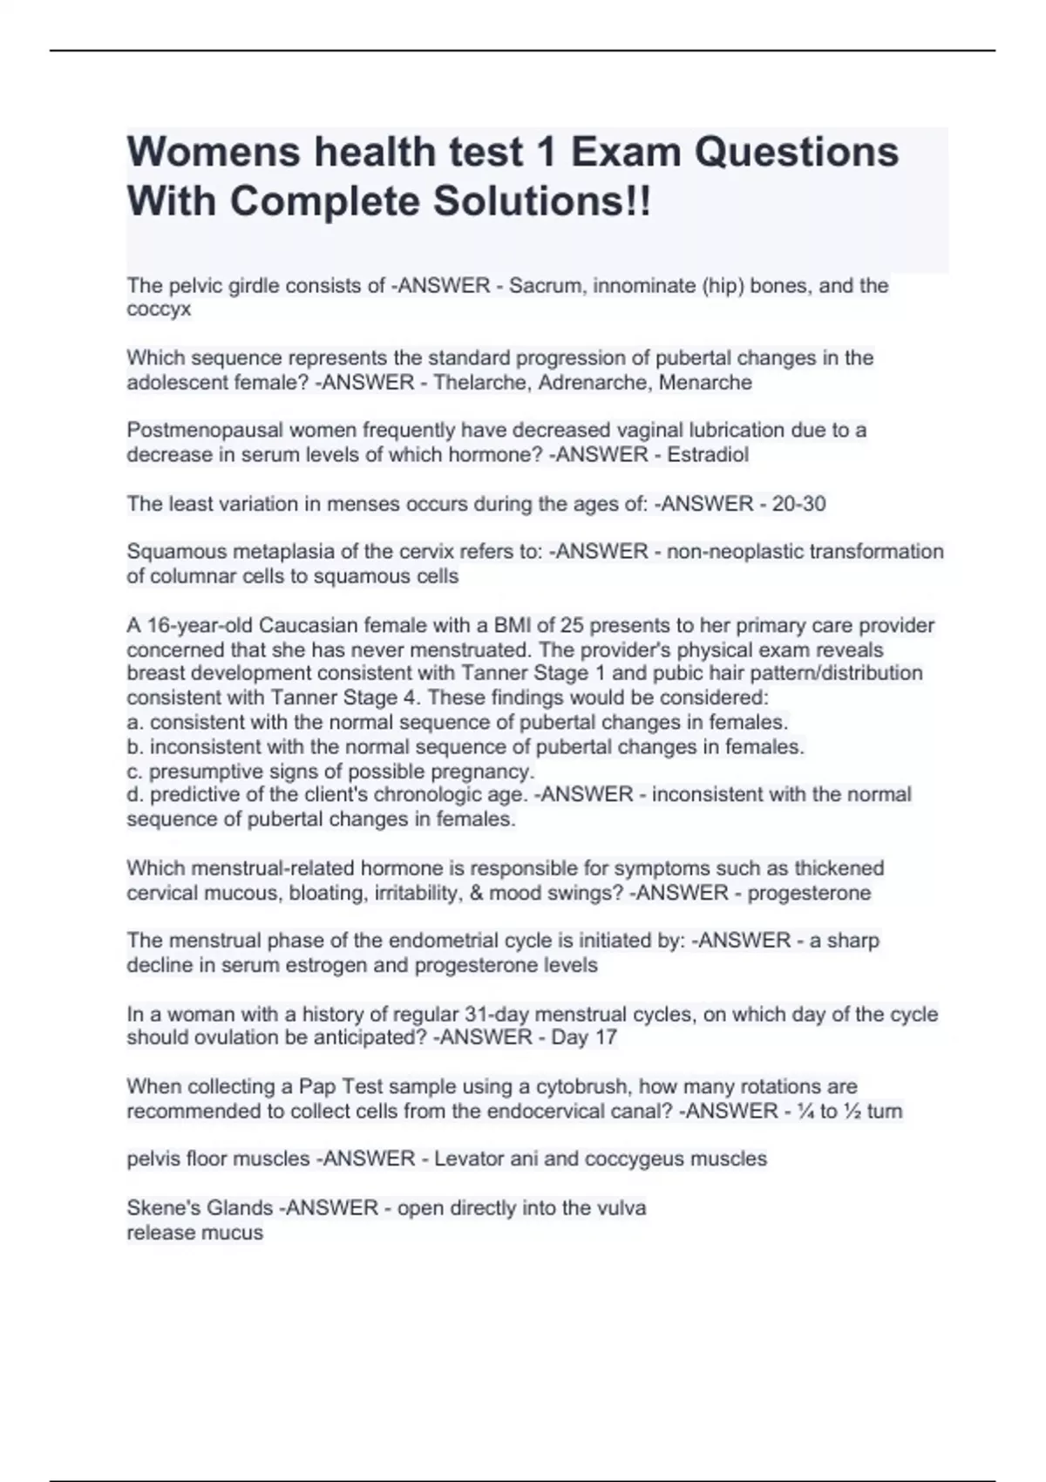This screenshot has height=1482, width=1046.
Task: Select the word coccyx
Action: coord(159,309)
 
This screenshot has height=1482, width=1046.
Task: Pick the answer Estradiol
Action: coord(708,455)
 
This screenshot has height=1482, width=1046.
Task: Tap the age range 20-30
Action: coord(798,504)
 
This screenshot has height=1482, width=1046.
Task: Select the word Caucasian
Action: coord(316,625)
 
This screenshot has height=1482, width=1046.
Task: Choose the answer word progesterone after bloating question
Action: coord(809,893)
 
